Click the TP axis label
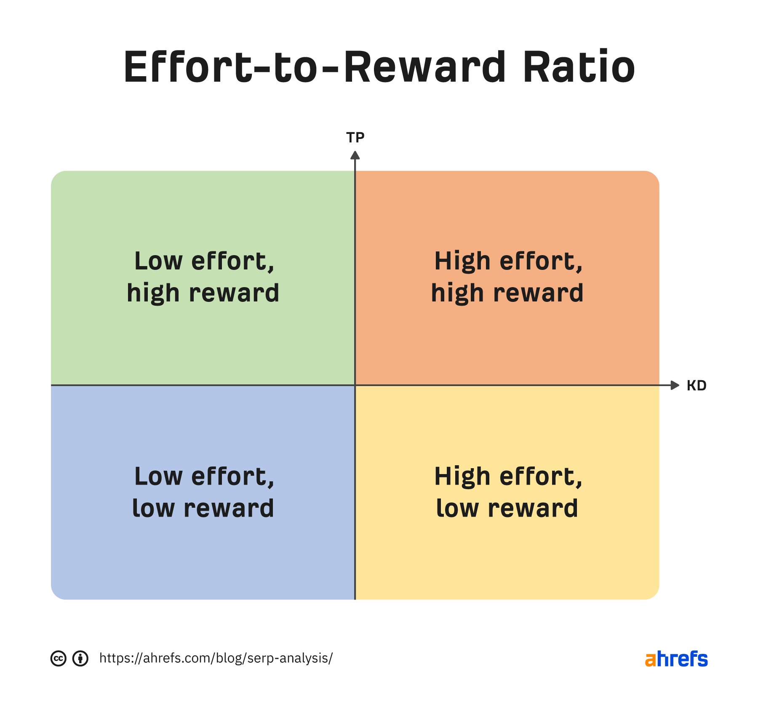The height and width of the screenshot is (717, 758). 355,137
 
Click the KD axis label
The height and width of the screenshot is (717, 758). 696,386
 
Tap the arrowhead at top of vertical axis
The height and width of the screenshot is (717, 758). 355,155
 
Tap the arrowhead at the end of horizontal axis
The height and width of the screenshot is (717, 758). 675,385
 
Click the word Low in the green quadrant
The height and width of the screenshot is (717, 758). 158,261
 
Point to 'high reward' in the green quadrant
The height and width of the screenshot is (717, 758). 203,293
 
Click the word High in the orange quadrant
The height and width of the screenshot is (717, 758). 462,261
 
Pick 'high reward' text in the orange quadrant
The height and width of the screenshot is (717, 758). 507,293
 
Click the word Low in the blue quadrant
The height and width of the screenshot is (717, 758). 158,477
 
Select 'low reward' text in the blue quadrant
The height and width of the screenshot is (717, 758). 203,509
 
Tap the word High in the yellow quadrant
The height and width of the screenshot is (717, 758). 462,477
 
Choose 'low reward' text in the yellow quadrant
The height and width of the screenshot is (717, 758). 507,509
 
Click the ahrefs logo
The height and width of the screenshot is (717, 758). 676,659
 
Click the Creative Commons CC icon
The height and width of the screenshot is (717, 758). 59,658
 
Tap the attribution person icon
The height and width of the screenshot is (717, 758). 80,658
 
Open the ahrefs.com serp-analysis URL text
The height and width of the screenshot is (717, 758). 216,658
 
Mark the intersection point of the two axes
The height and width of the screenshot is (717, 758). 355,385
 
